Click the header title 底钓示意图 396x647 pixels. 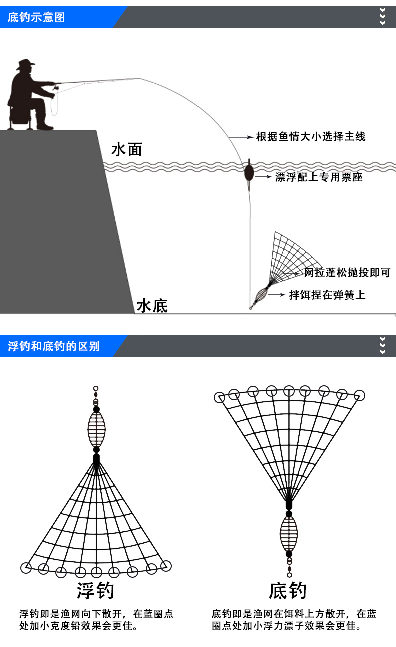pos(36,18)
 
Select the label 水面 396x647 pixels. pos(127,149)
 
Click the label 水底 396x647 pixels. pos(152,305)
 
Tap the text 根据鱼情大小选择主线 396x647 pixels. pos(311,136)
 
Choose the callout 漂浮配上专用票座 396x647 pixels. pos(319,177)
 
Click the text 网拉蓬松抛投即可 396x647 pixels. pos(347,273)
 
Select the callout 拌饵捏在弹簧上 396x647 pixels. pos(327,295)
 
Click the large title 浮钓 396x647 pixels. pos(95,591)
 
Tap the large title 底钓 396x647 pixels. pos(287,591)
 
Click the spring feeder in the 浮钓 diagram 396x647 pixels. pos(96,429)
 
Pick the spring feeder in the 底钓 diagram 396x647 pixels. pos(289,534)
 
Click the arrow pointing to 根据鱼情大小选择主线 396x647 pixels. pos(242,136)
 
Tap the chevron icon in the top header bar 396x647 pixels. pos(383,17)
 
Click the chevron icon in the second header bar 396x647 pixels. pos(383,346)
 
